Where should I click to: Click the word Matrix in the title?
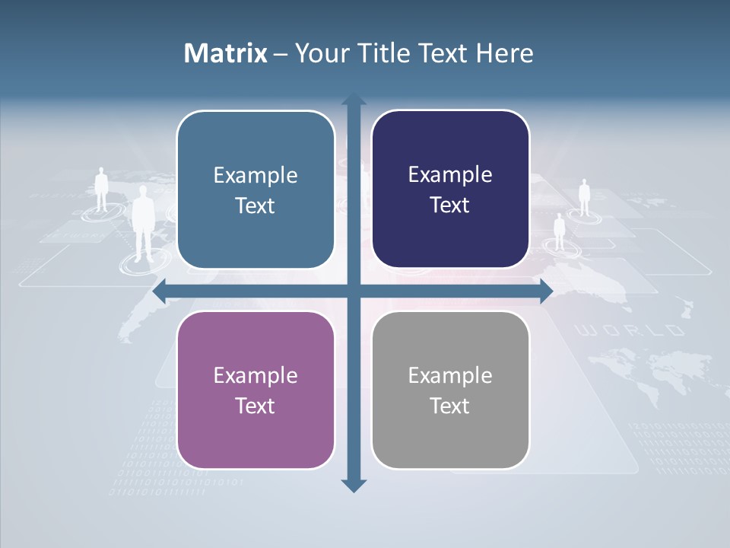coord(226,53)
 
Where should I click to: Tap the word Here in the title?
coord(504,53)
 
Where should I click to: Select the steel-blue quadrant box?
coord(255,190)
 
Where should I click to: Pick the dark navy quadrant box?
coord(450,190)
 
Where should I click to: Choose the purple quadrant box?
coord(255,390)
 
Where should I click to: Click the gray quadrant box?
coord(450,390)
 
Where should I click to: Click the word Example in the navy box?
coord(450,174)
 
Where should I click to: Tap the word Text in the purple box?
coord(255,406)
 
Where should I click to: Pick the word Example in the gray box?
coord(450,375)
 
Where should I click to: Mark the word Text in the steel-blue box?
coord(255,205)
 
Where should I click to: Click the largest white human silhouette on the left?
coord(143,225)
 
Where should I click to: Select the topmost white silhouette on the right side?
coord(584,197)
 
